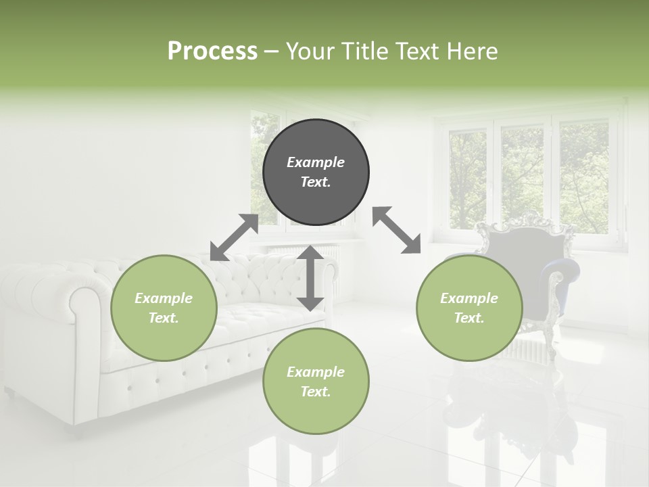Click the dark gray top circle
[316, 172]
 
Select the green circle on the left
[164, 308]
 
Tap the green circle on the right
[469, 308]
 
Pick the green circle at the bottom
[316, 381]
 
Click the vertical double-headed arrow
[310, 278]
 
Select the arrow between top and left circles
[234, 237]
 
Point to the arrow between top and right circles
[396, 230]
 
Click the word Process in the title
[212, 51]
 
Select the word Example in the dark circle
[316, 162]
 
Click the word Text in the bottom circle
[315, 392]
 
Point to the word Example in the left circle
[164, 298]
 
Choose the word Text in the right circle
[468, 318]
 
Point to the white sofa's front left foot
[9, 392]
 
